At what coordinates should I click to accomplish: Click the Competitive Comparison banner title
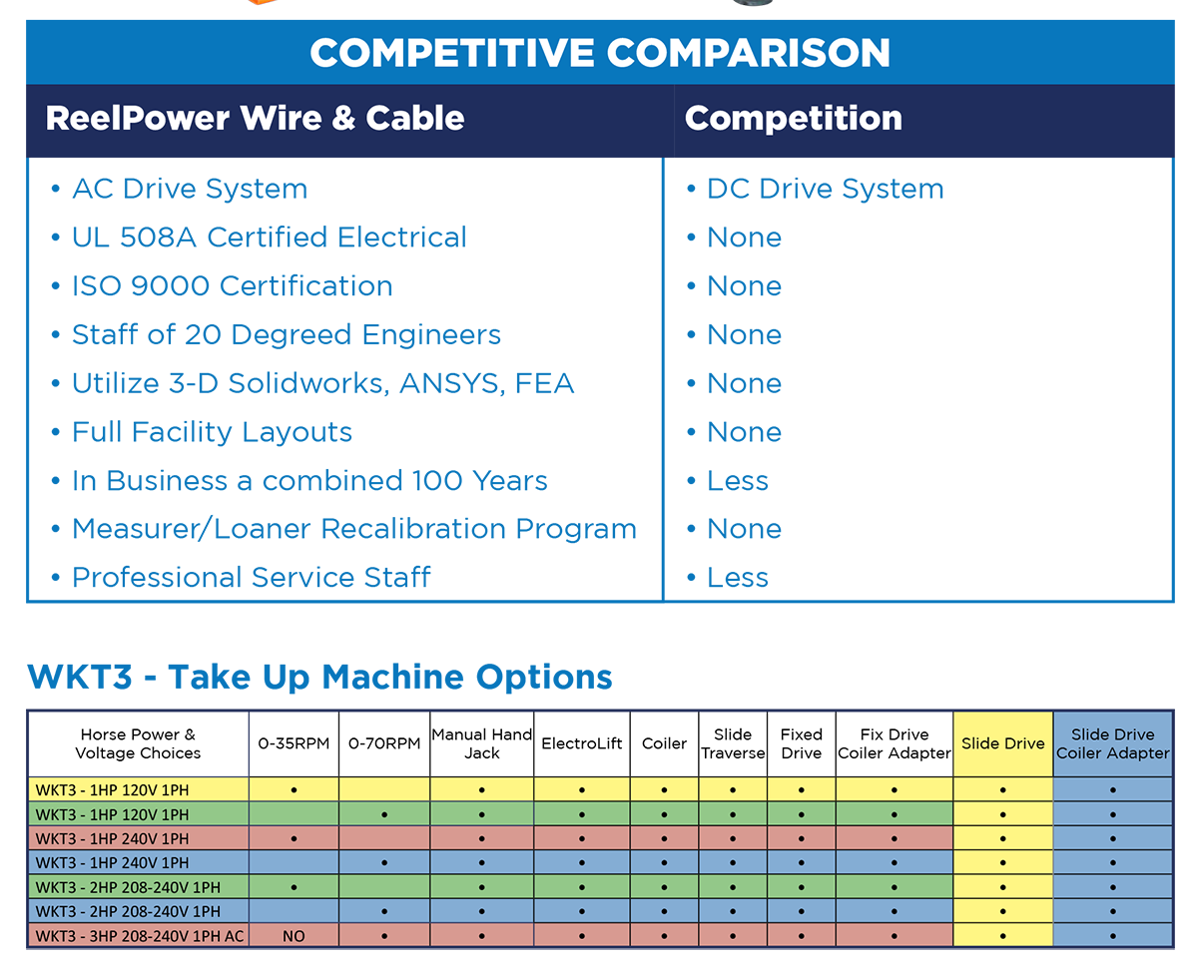point(599,52)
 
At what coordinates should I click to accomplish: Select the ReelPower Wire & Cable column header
point(255,118)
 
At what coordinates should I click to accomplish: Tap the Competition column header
point(794,118)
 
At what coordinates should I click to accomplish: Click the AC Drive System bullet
point(190,189)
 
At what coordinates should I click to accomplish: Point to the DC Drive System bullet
point(825,189)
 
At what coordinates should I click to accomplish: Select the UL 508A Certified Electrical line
point(269,238)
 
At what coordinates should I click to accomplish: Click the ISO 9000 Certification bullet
point(232,286)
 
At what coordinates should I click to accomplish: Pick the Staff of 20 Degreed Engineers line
point(286,334)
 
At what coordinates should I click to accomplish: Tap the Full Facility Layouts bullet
point(212,432)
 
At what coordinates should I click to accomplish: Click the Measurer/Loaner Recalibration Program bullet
point(353,529)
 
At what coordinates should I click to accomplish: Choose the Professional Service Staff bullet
point(251,578)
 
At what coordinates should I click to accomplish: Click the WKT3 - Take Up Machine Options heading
point(319,677)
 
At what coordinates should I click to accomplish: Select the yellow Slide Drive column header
point(1002,743)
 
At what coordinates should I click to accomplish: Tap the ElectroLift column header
point(581,743)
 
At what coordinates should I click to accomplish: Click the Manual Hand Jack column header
point(482,743)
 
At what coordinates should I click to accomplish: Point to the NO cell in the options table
point(294,936)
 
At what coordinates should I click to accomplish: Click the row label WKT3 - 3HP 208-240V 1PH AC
point(139,936)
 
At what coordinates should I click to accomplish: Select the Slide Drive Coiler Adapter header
point(1112,743)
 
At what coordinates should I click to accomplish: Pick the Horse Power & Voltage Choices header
point(138,743)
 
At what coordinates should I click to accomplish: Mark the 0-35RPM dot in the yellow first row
point(294,789)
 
